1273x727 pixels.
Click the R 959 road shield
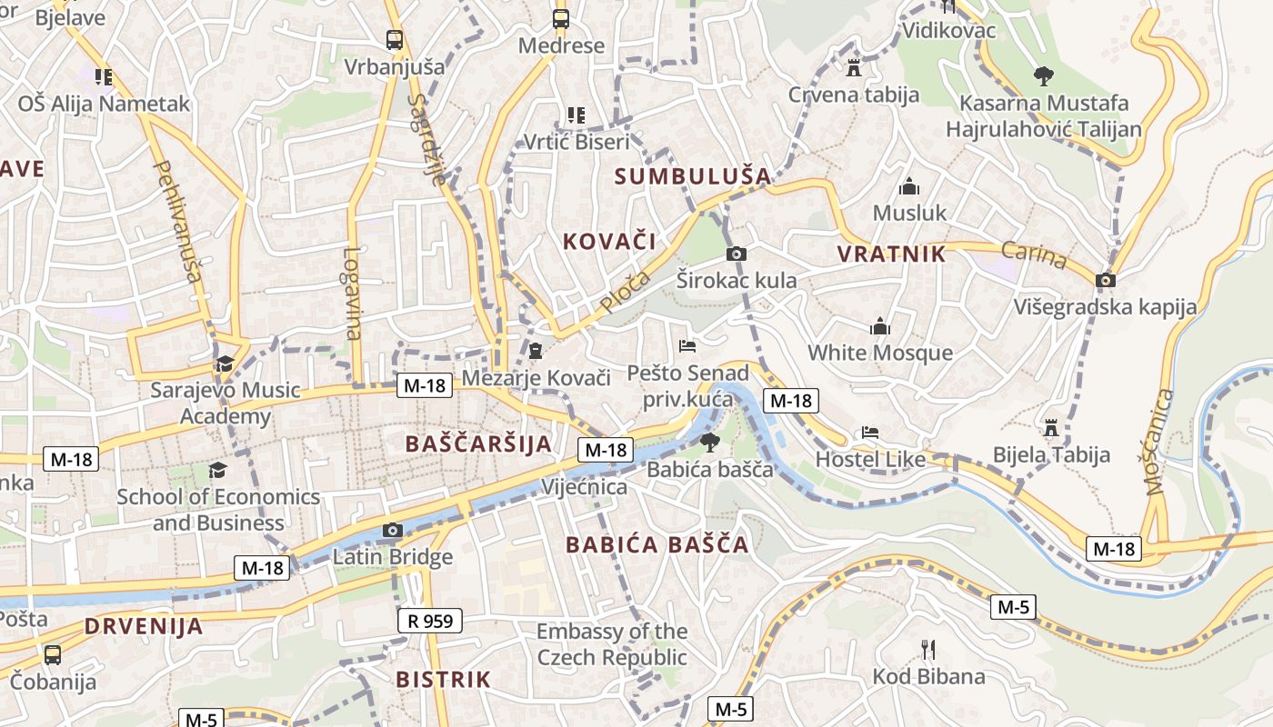(x=430, y=622)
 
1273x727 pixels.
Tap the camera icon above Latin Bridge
(x=393, y=530)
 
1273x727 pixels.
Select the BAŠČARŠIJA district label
(x=478, y=443)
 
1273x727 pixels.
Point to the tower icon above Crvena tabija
(x=853, y=68)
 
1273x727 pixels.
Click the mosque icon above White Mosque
(x=880, y=326)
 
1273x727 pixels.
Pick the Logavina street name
(x=353, y=293)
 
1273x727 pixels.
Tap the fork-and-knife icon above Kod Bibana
(x=928, y=649)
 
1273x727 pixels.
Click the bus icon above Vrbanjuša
(x=395, y=40)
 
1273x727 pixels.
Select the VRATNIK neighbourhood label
(x=891, y=254)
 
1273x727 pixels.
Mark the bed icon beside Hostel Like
(x=870, y=433)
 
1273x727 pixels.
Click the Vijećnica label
(x=584, y=487)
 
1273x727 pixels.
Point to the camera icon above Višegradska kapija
(x=1106, y=280)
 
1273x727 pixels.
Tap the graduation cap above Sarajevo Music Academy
(x=225, y=364)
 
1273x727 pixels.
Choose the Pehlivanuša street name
(x=178, y=222)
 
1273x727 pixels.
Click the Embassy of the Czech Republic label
(x=612, y=643)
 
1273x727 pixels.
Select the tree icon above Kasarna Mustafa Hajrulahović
(x=1043, y=76)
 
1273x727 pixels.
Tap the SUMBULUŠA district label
(x=692, y=176)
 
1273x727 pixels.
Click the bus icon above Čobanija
(x=53, y=654)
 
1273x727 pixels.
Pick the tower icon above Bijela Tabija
(x=1052, y=427)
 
